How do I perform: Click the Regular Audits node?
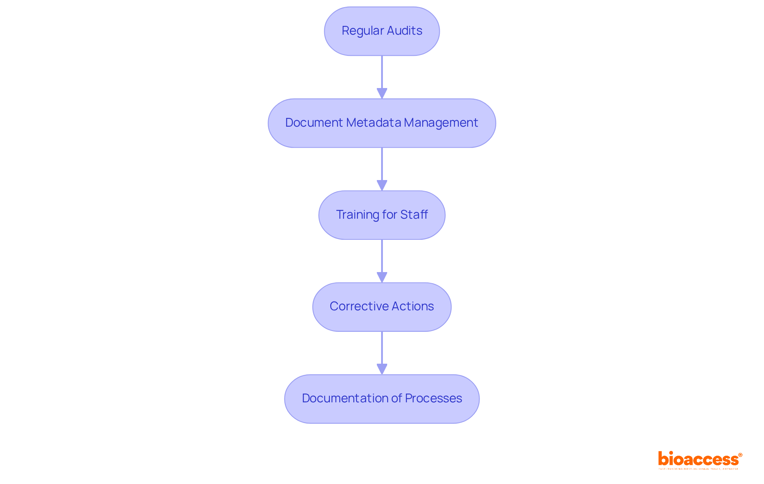click(382, 31)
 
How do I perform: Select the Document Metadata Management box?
click(382, 123)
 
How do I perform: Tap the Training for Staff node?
click(382, 215)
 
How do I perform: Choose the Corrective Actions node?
click(382, 307)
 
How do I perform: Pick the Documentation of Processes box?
click(382, 399)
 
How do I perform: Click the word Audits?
click(404, 31)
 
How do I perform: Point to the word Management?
click(441, 123)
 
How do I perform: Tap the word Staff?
click(414, 215)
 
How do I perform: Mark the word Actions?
click(413, 306)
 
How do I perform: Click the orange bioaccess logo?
click(698, 459)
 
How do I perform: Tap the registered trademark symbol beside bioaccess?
click(740, 455)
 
